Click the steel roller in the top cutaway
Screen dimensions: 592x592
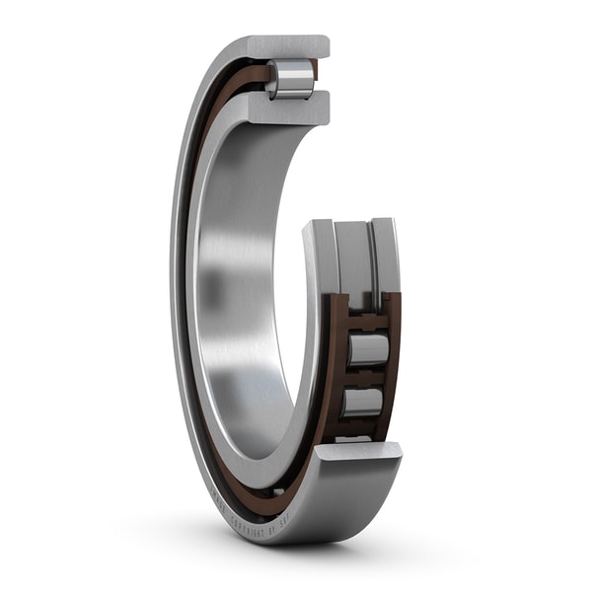point(291,79)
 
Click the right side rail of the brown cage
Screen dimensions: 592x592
point(394,365)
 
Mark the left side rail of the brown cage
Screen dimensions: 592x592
point(333,365)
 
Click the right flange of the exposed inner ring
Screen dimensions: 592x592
point(386,259)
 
